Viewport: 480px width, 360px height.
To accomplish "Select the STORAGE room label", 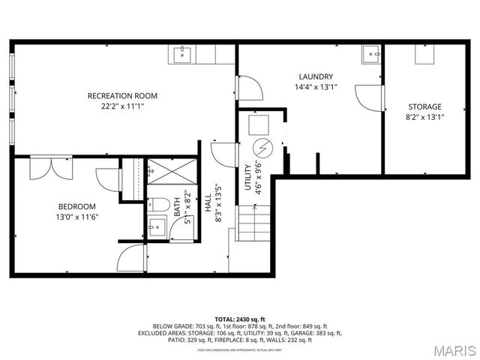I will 424,106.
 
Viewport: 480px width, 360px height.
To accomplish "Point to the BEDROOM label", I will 77,207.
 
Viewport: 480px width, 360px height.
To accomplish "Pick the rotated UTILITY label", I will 248,177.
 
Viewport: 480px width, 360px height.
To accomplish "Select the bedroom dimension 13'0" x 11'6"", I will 77,217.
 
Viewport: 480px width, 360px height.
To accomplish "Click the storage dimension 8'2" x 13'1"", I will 424,117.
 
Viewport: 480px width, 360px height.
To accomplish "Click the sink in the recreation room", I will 183,55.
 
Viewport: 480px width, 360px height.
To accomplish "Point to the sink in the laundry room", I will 370,54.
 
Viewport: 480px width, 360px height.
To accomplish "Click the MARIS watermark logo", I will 448,349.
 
